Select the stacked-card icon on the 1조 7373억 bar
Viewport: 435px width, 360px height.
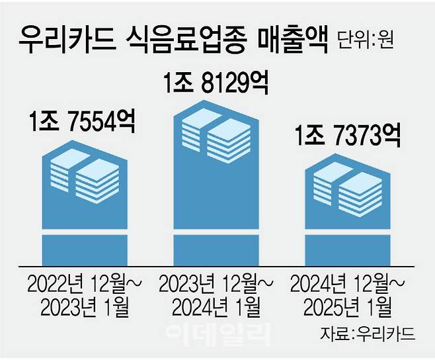click(347, 185)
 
